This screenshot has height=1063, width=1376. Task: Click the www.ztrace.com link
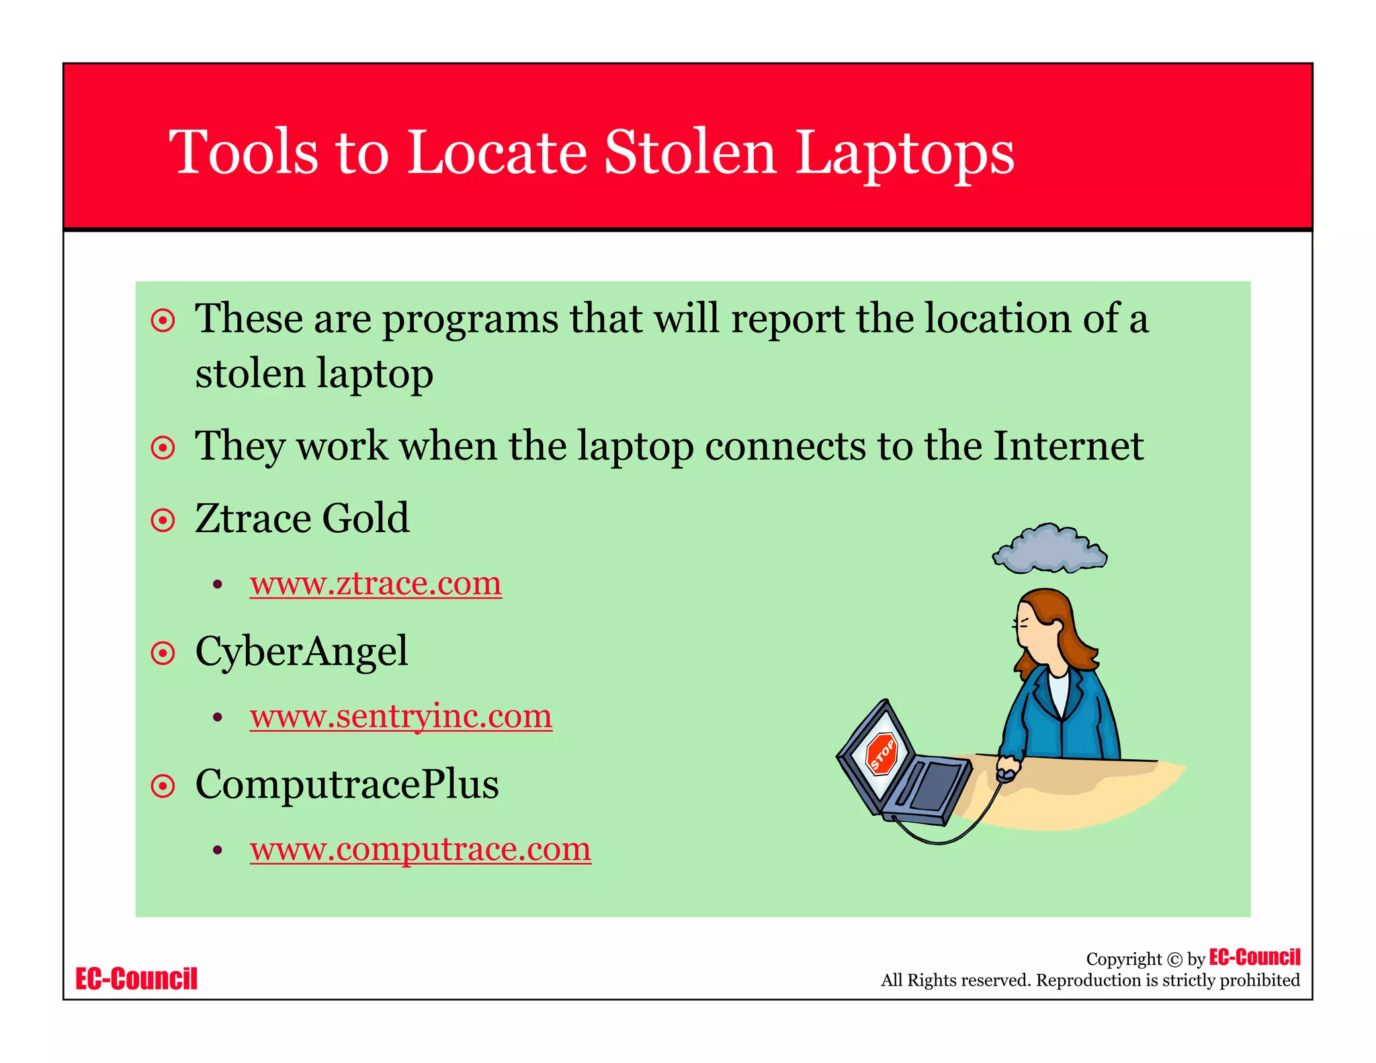(376, 583)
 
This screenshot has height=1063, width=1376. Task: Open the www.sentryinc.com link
(400, 716)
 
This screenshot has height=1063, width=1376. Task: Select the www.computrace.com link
(420, 849)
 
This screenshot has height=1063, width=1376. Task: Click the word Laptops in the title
(904, 153)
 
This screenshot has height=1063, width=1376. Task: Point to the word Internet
(1068, 445)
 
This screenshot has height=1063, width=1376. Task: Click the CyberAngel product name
(301, 652)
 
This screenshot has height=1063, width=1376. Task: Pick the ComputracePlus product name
(347, 784)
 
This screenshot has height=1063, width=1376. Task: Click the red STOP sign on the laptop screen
(881, 753)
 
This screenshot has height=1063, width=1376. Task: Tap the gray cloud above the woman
(1049, 549)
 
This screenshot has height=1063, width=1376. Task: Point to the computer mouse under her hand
(1006, 774)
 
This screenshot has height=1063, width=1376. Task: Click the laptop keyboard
(931, 786)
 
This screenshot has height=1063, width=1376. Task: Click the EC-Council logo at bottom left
(136, 979)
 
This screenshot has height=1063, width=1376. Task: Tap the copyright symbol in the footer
(1174, 960)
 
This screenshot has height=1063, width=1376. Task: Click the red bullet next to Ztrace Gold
(163, 520)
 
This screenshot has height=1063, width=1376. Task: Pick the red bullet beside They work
(163, 448)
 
